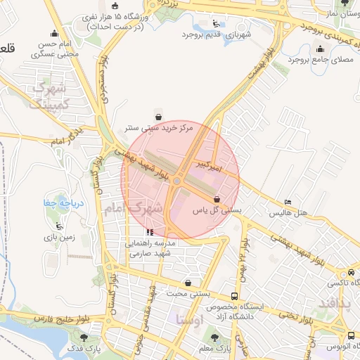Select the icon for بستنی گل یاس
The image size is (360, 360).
pyautogui.click(x=216, y=199)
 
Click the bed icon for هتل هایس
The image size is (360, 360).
pyautogui.click(x=288, y=202)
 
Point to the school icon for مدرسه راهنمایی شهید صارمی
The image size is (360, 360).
pyautogui.click(x=149, y=231)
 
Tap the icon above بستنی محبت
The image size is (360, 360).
pyautogui.click(x=188, y=283)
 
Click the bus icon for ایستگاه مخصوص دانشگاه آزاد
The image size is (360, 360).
pyautogui.click(x=235, y=297)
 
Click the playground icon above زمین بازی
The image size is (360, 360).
pyautogui.click(x=59, y=226)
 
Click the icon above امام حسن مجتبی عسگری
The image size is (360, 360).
pyautogui.click(x=55, y=32)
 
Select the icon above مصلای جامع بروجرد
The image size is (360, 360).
pyautogui.click(x=321, y=49)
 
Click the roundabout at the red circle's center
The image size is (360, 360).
pyautogui.click(x=177, y=181)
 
